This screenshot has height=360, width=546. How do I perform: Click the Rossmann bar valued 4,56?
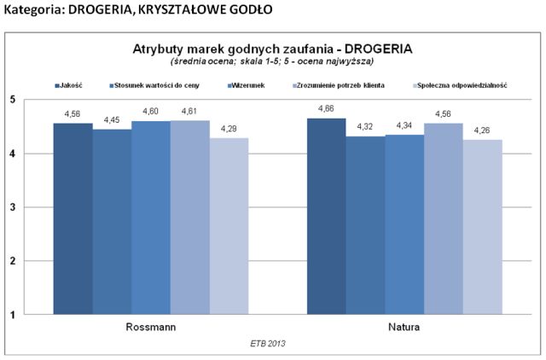pyautogui.click(x=73, y=218)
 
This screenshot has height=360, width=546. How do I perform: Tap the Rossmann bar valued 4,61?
pyautogui.click(x=189, y=217)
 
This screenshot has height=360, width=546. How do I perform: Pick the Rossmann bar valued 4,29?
pyautogui.click(x=228, y=226)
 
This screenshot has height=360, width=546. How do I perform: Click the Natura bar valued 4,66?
pyautogui.click(x=326, y=216)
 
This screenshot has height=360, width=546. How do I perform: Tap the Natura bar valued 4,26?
pyautogui.click(x=482, y=227)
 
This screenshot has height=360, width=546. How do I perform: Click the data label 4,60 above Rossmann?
pyautogui.click(x=151, y=113)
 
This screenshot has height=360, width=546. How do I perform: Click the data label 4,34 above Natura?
pyautogui.click(x=404, y=126)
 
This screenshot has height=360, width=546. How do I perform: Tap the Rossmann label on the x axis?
pyautogui.click(x=150, y=327)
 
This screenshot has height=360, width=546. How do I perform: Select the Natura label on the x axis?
pyautogui.click(x=403, y=327)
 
